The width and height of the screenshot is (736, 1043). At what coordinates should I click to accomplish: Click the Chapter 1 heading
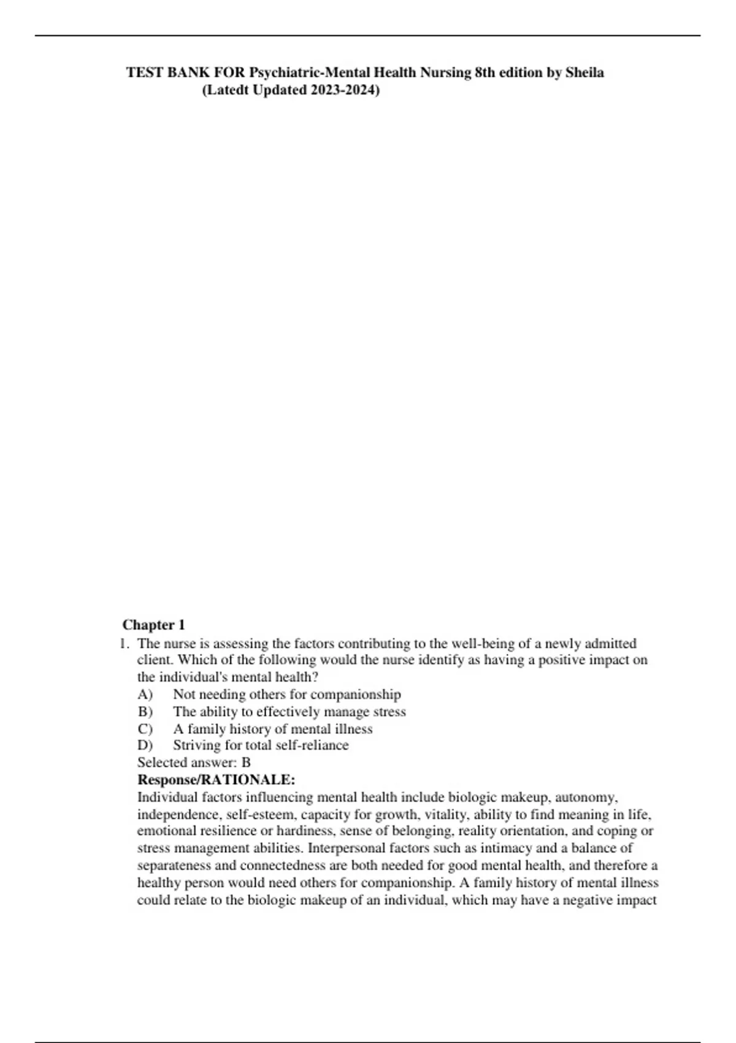(153, 625)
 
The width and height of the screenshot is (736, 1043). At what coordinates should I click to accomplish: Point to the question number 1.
(125, 644)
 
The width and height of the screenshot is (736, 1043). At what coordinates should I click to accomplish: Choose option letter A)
(145, 695)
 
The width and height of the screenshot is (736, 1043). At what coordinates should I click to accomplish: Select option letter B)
(145, 712)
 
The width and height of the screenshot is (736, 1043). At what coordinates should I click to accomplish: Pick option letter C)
(145, 729)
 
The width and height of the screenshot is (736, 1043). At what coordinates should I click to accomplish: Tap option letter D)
(145, 745)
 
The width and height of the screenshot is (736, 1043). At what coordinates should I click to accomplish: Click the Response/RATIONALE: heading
(216, 780)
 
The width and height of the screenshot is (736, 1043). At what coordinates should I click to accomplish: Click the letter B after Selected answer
(246, 763)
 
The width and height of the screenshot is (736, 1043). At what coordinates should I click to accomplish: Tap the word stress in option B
(389, 712)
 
